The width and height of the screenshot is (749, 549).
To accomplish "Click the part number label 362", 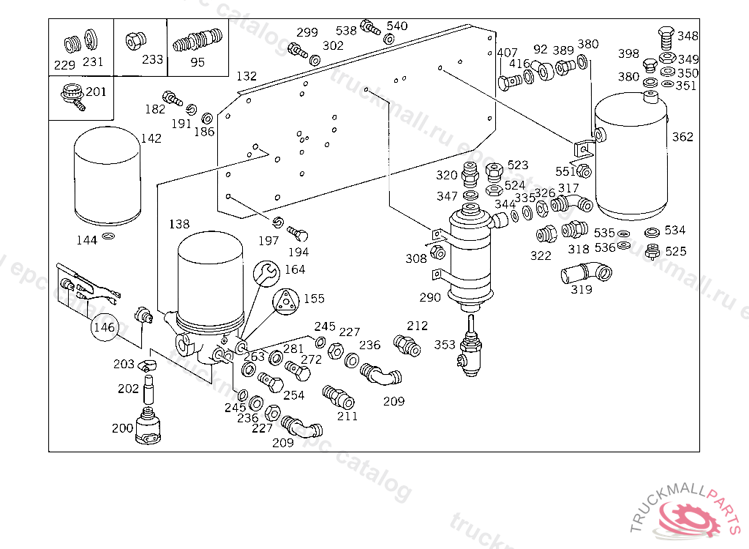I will coord(682,137).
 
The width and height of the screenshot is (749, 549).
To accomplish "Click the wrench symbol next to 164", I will coord(268,273).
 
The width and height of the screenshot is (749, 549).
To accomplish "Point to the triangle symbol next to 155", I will coord(286,302).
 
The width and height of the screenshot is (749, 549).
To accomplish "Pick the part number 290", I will coord(430,297).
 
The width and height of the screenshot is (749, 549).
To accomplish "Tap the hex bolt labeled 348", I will coord(666,35).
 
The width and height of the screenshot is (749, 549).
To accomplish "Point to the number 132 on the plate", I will coord(246,76).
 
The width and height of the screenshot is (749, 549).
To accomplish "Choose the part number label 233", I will coord(152,60).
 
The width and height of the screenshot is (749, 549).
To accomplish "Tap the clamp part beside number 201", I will coord(72,94).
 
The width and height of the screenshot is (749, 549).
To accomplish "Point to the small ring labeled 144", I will coord(108,237).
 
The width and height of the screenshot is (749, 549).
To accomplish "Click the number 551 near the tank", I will coord(565,171).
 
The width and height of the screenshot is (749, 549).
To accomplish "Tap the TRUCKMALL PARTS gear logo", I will coord(690,517).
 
